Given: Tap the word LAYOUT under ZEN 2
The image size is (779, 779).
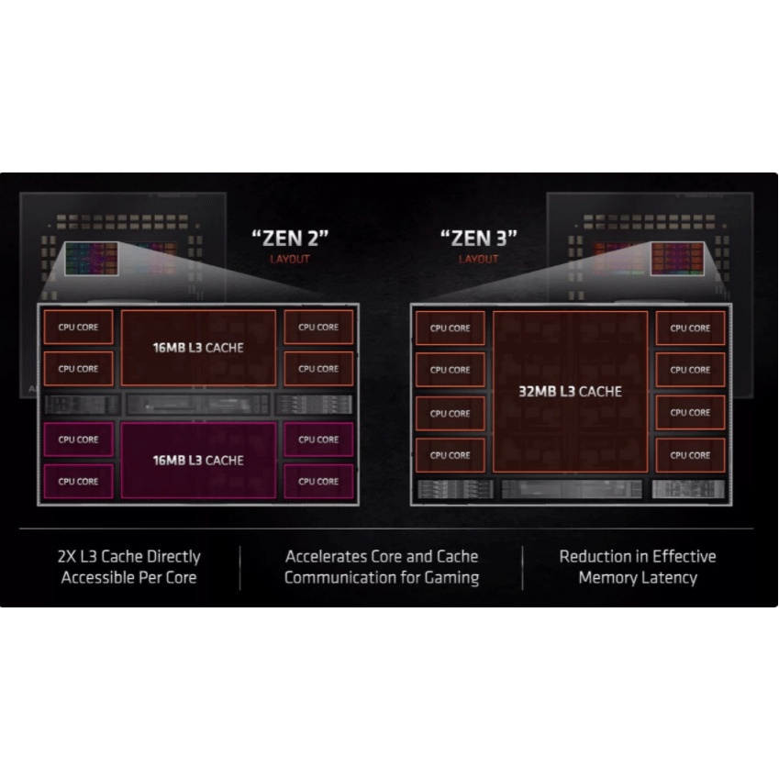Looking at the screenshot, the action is coord(290,259).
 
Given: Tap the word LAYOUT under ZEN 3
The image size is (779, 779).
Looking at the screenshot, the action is coord(478,259).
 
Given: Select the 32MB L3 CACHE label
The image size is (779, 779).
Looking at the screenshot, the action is coord(569,392).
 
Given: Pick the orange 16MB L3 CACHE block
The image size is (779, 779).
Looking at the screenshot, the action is coord(198,348).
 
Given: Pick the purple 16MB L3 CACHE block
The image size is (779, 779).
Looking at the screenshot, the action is coord(198,460).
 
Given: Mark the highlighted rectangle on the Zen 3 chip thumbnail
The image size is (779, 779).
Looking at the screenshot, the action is coord(677,258).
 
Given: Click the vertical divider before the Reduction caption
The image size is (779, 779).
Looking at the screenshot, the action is coord(522,568).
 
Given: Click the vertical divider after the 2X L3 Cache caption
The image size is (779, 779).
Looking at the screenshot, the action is coord(240,568).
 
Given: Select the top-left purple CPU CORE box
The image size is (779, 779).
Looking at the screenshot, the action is coord(78,440).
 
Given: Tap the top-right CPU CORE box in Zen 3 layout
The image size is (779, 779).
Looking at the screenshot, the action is coord(690,328).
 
